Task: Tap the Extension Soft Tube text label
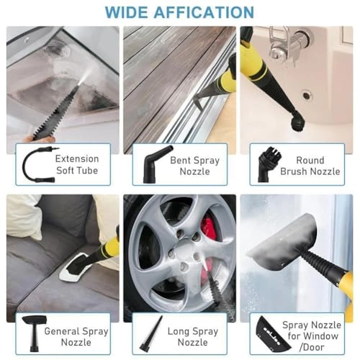77,166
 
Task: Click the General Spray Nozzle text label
77,337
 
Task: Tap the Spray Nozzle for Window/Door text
315,337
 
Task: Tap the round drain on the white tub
307,94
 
